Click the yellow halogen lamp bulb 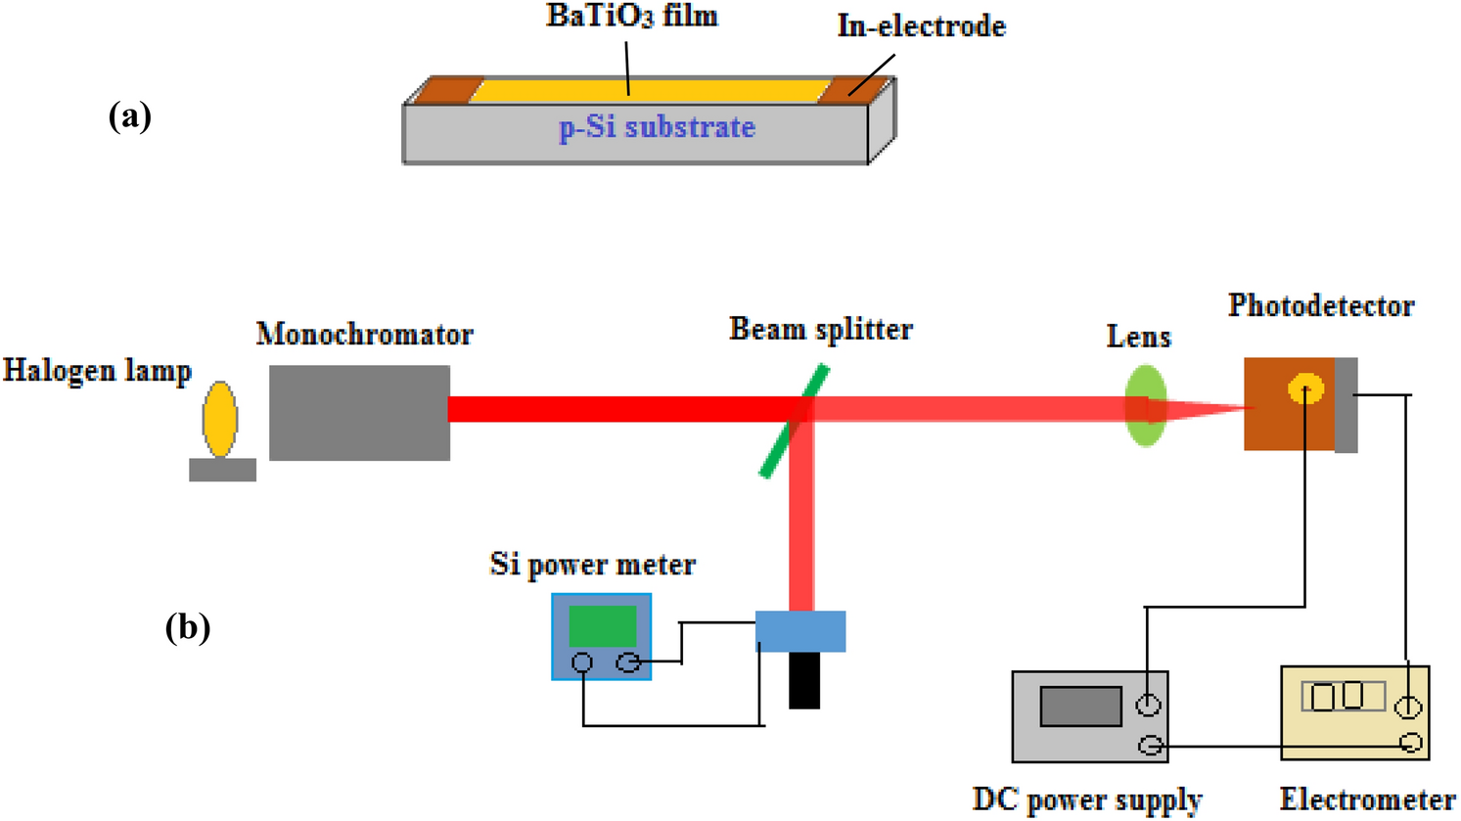(x=220, y=420)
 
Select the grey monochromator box (x=359, y=412)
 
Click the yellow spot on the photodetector (x=1305, y=389)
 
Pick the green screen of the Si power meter (x=602, y=625)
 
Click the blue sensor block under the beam (x=800, y=631)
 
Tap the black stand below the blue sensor (x=804, y=679)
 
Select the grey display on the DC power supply (x=1080, y=707)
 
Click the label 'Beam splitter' (x=821, y=330)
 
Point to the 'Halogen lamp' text (x=97, y=371)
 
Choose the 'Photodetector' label (x=1321, y=306)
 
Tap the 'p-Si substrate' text (x=657, y=127)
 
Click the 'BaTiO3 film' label (x=631, y=17)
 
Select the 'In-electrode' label (x=921, y=25)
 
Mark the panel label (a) (x=129, y=116)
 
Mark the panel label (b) (x=187, y=626)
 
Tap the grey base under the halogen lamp (x=222, y=470)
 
